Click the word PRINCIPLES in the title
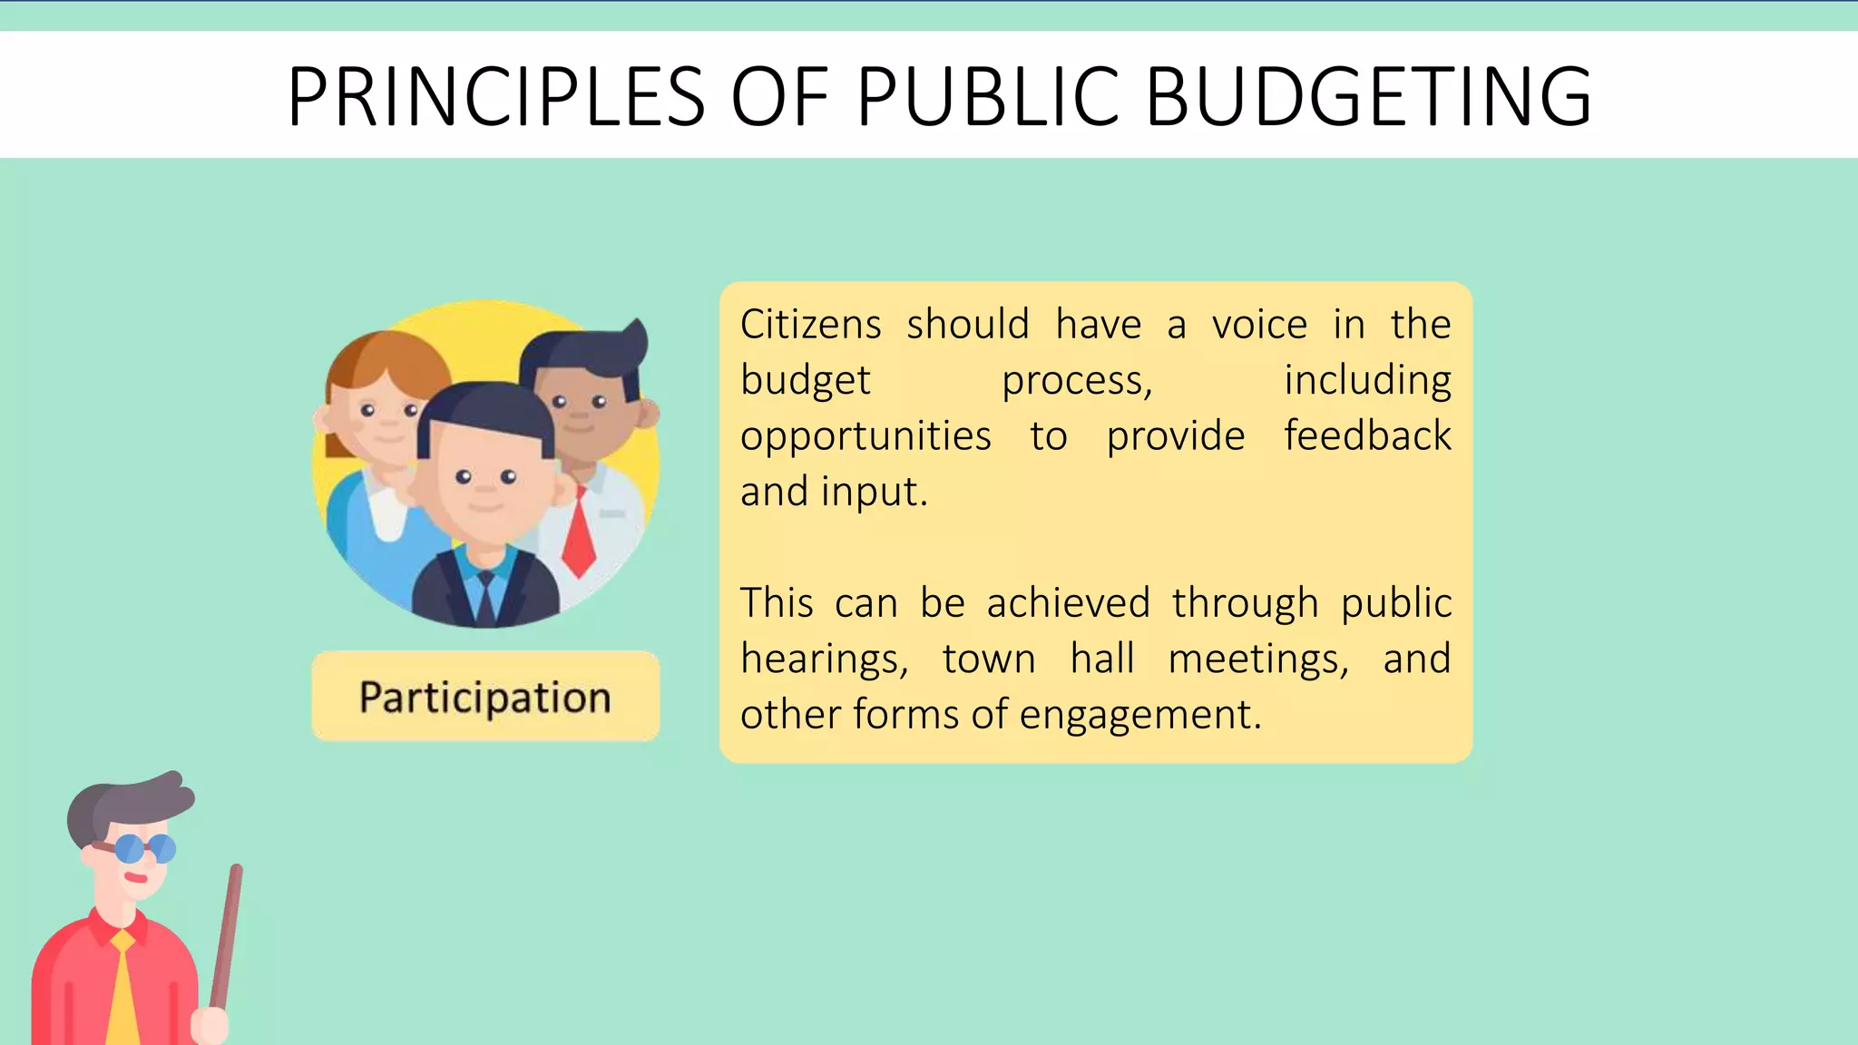pos(496,96)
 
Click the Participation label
pos(485,697)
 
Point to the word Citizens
pos(810,325)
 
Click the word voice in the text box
pos(1259,325)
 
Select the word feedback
pos(1367,436)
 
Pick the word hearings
pos(824,659)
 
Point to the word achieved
pos(1069,603)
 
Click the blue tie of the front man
pos(485,594)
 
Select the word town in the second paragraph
pos(988,659)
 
